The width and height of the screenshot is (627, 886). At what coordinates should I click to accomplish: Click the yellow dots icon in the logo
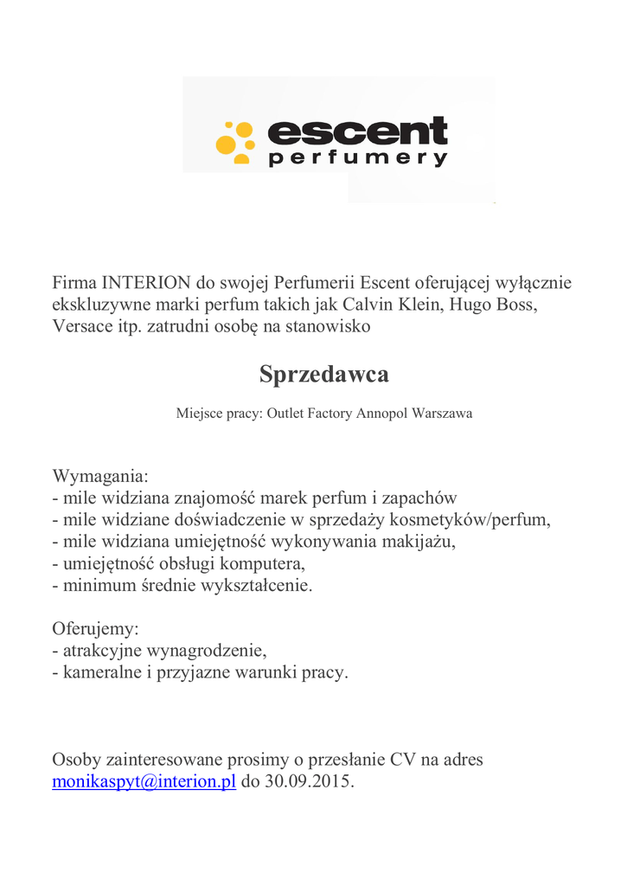pos(234,142)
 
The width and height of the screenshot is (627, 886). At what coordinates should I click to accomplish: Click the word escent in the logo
pos(358,132)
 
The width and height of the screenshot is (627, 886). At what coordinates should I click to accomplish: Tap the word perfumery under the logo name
pos(358,159)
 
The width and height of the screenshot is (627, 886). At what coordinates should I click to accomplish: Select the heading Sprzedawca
pos(324,375)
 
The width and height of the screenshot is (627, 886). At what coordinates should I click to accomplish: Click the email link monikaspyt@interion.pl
pos(144,782)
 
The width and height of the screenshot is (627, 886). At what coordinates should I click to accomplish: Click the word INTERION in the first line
pos(146,283)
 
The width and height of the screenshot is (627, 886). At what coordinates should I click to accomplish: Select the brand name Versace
pos(82,326)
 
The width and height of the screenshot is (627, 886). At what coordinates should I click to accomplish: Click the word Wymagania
pos(100,476)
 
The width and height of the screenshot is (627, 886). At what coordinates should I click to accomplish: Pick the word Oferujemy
pos(95,628)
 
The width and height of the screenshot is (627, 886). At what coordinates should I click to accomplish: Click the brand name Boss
pos(515,305)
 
